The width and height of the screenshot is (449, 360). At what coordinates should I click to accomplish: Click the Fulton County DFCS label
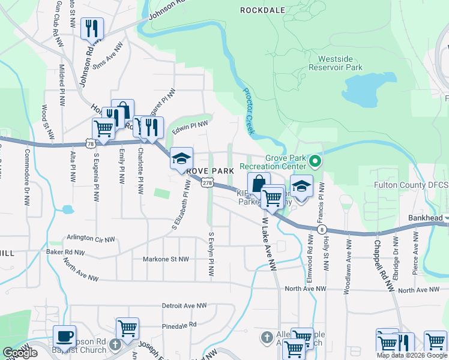point(411,185)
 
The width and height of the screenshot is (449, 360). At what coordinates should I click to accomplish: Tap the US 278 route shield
point(207,182)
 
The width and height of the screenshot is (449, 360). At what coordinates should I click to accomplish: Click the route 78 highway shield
point(89,144)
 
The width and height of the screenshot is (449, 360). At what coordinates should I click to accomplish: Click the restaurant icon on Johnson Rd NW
point(92,28)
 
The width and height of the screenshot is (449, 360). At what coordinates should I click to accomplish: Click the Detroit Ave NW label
point(184,306)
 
